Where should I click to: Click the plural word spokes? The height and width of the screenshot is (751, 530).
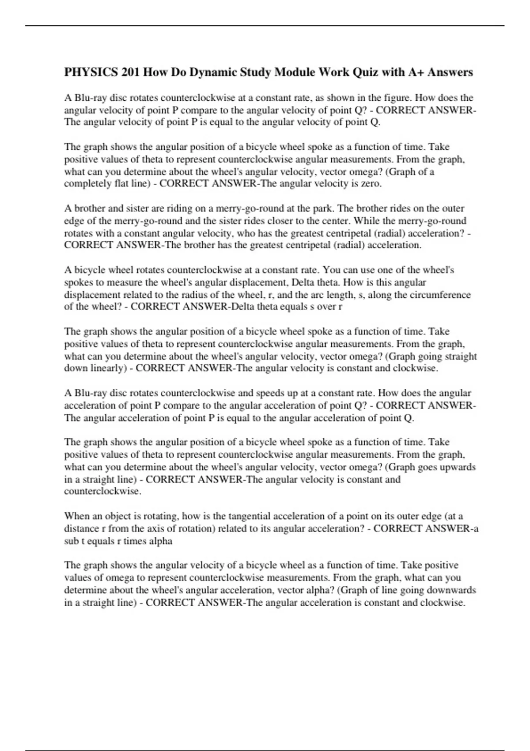click(78, 282)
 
